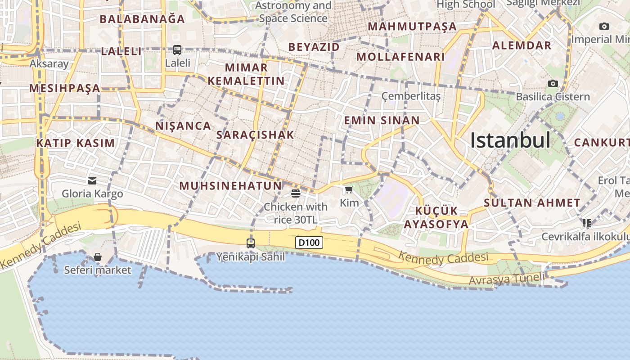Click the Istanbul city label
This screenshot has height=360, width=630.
click(x=510, y=140)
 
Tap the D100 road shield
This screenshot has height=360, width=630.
click(x=309, y=243)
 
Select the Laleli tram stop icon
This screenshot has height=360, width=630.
click(x=177, y=50)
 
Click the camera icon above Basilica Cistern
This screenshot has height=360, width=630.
click(x=553, y=83)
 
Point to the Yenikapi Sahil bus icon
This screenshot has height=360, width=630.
click(x=251, y=243)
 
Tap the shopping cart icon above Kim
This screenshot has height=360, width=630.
click(x=349, y=190)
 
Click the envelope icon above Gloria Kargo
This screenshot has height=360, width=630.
click(x=92, y=181)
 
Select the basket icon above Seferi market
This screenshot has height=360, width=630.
click(x=97, y=257)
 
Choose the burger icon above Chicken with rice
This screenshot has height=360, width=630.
click(x=296, y=193)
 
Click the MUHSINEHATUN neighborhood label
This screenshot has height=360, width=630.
click(x=230, y=185)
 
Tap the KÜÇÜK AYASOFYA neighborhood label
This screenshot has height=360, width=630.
click(x=436, y=217)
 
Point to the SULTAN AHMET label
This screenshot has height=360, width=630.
click(x=532, y=203)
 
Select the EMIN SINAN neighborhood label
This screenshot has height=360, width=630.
click(x=382, y=121)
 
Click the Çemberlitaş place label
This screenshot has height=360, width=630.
click(x=411, y=96)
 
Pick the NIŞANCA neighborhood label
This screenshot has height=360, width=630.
click(x=183, y=126)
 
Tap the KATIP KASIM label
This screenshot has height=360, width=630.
click(x=76, y=144)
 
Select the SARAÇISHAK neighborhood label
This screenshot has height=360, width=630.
click(x=255, y=135)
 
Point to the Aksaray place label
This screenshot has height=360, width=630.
click(x=49, y=63)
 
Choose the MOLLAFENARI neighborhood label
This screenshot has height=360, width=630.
click(x=400, y=57)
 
